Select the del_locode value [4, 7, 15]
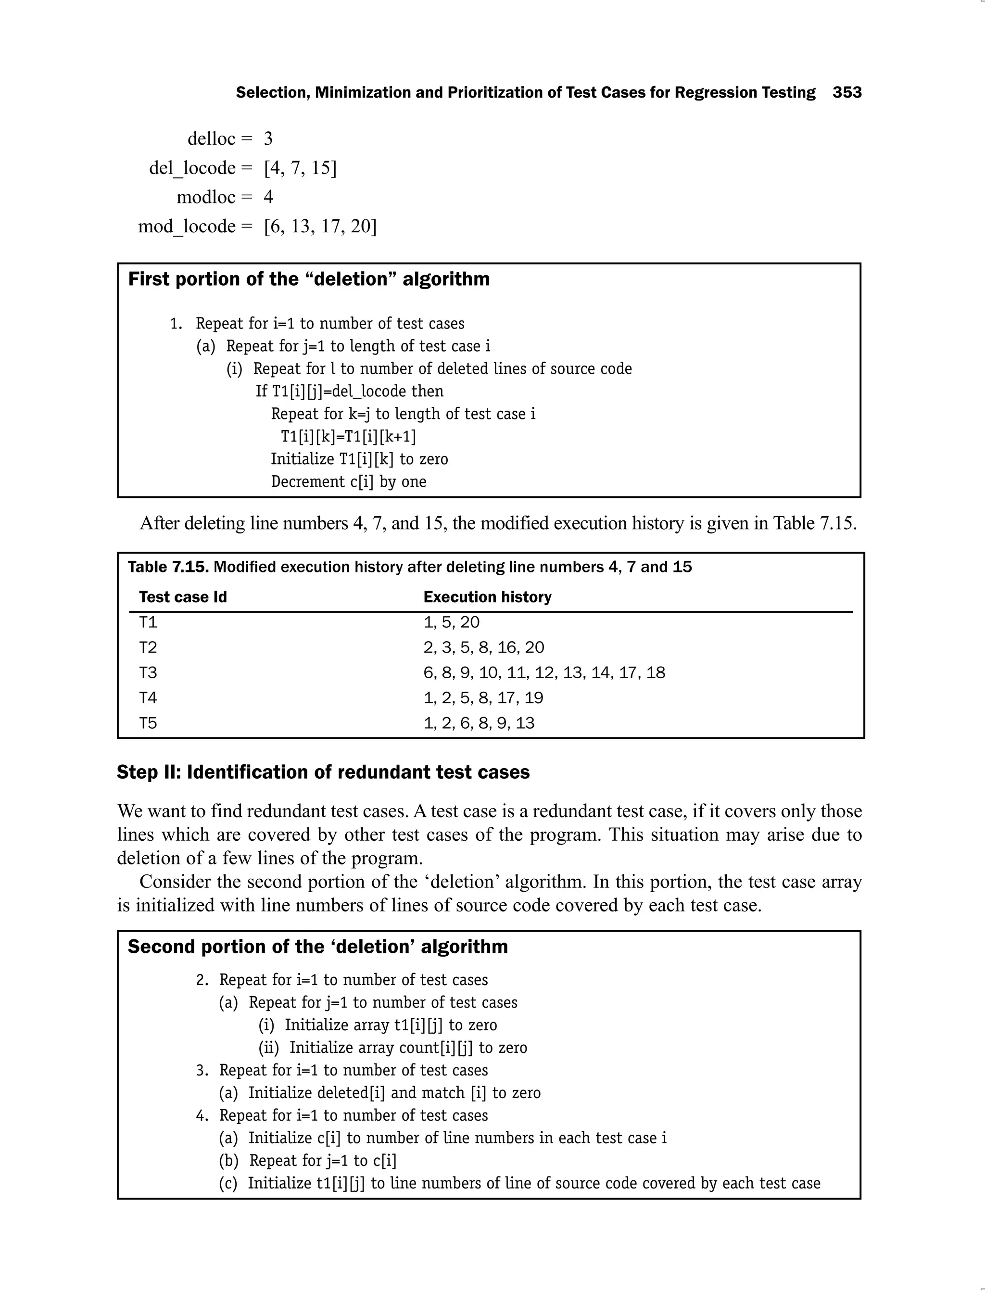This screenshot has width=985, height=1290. click(300, 168)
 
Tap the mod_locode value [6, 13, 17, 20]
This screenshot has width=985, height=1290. click(320, 227)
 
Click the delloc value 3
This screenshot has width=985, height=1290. click(268, 139)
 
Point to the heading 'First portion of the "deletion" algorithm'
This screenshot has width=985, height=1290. click(308, 279)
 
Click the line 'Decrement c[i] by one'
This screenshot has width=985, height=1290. click(348, 481)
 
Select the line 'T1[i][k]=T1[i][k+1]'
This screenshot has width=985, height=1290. click(348, 437)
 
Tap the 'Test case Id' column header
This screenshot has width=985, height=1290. click(183, 597)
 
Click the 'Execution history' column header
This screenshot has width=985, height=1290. click(487, 597)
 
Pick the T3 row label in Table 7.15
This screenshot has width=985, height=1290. click(148, 672)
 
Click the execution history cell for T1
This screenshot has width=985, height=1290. click(452, 622)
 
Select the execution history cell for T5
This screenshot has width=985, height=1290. click(479, 723)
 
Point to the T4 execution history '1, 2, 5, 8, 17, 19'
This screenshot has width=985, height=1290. click(483, 698)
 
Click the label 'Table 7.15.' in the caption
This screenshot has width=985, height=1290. click(168, 567)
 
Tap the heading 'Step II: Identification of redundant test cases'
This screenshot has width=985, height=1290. click(323, 772)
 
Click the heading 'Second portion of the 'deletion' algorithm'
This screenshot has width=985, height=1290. click(318, 947)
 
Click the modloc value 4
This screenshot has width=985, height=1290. click(268, 197)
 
